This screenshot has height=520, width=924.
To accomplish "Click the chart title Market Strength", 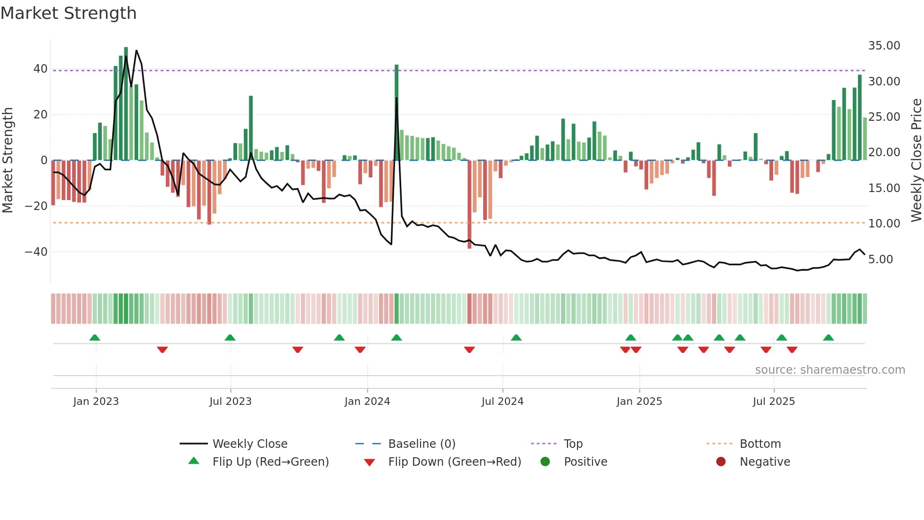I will click(69, 13).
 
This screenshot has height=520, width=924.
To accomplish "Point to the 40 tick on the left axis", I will click(41, 69).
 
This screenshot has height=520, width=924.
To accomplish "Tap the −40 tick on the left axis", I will click(37, 252).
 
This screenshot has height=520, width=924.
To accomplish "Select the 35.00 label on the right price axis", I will click(884, 46).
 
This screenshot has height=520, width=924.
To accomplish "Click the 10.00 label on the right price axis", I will click(884, 224).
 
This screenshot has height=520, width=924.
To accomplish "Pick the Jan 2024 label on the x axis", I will click(367, 402).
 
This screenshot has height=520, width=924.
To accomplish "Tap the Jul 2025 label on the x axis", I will click(774, 402).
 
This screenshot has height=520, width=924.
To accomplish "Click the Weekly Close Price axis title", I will click(916, 160).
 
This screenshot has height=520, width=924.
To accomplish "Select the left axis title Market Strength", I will click(8, 160).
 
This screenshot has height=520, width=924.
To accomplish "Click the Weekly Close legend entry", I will click(249, 444).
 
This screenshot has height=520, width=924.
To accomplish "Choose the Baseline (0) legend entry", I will click(421, 444).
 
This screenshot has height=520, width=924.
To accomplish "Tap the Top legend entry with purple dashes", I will click(573, 444).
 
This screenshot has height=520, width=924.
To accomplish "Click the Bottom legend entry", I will click(760, 444).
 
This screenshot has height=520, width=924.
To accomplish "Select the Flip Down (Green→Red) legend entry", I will click(454, 462).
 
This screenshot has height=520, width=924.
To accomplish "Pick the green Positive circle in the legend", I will click(545, 462).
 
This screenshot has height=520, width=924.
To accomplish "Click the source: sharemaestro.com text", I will click(830, 370).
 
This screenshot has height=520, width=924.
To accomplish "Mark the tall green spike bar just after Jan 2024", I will click(396, 113).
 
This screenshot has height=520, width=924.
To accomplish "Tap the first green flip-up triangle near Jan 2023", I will click(95, 338).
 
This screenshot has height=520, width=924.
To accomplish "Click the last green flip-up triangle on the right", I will click(828, 338).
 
